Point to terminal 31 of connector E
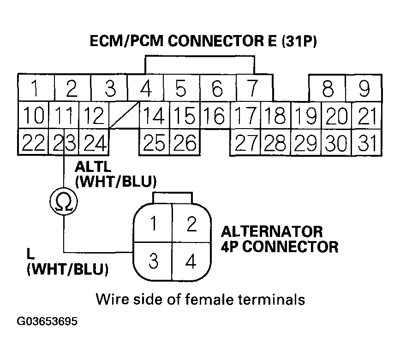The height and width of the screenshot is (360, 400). pos(367,144)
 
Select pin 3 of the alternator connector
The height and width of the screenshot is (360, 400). pos(154,261)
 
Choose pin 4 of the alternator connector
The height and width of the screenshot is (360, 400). pos(191,261)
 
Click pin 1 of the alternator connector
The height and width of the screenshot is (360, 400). pos(154,224)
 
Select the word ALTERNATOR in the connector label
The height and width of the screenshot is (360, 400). pos(272,231)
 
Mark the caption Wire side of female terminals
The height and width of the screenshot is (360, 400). pos(200,299)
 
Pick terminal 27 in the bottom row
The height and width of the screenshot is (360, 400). pos(245,144)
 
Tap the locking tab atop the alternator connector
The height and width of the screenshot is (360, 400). pos(172,197)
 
